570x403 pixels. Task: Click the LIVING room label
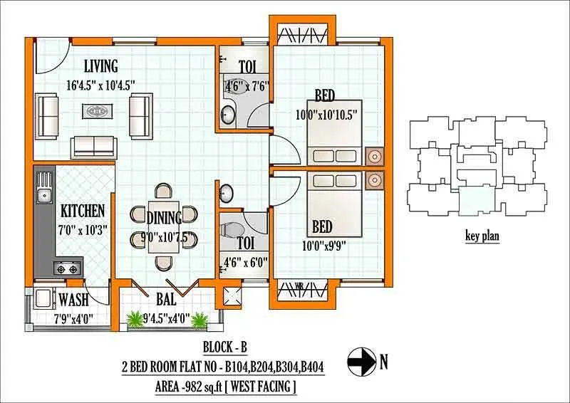pos(100,66)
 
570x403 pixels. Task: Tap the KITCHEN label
pos(83,211)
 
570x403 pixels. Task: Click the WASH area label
pos(74,300)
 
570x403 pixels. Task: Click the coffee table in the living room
pos(96,111)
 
